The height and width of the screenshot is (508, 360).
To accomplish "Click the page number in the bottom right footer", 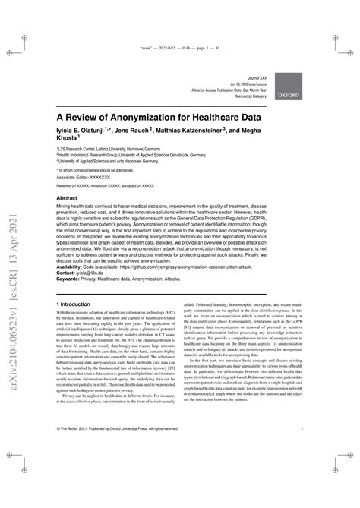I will coord(302,450).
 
